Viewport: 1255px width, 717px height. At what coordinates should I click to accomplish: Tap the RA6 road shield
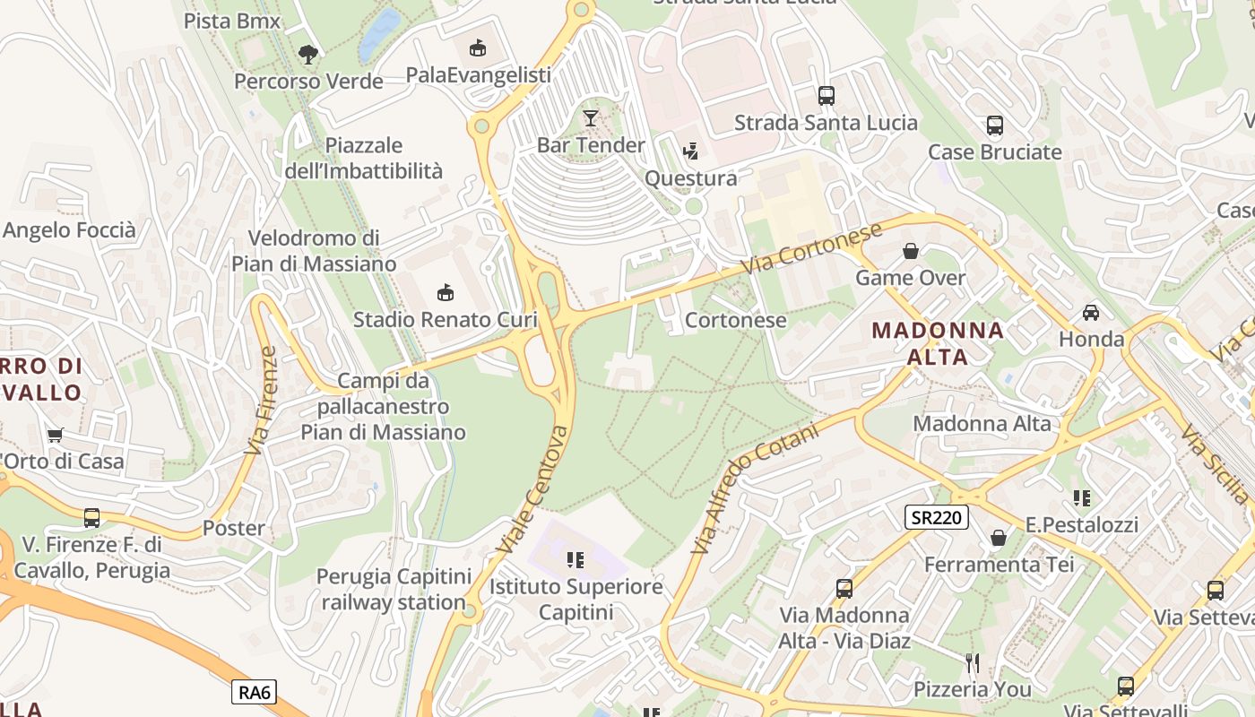(255, 692)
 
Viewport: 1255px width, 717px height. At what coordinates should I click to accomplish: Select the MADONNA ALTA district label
(938, 343)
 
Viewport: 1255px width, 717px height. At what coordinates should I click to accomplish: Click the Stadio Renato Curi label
(445, 320)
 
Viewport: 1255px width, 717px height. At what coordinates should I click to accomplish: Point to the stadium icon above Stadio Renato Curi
(445, 292)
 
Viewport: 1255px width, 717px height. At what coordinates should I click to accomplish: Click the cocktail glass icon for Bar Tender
(591, 117)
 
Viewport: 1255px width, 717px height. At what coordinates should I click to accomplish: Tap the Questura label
(690, 178)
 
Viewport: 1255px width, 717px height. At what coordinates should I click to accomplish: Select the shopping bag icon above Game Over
(911, 251)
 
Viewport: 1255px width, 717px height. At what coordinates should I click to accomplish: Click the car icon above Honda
(1091, 313)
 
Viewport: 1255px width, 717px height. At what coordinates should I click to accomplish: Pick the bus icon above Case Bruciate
(994, 125)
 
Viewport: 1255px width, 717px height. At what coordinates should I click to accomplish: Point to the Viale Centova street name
(532, 489)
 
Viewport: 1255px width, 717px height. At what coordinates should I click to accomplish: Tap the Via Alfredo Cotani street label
(756, 488)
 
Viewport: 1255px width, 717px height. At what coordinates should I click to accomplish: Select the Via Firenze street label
(262, 400)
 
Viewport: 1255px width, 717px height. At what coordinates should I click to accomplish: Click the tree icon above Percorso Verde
(307, 55)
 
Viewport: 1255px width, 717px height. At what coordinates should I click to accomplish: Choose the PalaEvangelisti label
(478, 75)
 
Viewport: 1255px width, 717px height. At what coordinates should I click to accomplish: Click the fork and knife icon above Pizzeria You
(973, 662)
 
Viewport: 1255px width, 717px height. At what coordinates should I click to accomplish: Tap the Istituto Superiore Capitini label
(576, 600)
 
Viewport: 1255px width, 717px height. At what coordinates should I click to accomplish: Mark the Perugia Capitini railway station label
(393, 589)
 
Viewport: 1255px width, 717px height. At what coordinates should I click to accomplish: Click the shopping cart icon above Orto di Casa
(56, 436)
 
